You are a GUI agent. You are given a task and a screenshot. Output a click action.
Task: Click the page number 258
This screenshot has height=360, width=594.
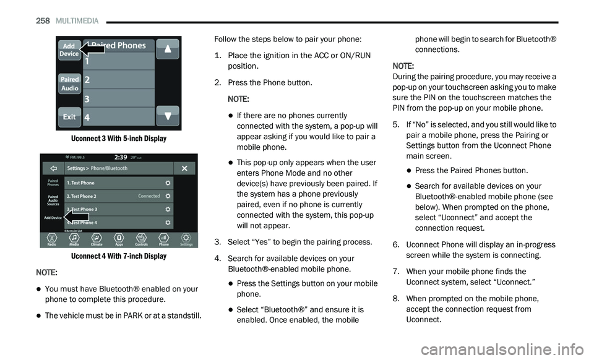pyautogui.click(x=43, y=21)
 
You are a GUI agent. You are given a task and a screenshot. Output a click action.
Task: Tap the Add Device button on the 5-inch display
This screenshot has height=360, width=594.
pyautogui.click(x=69, y=50)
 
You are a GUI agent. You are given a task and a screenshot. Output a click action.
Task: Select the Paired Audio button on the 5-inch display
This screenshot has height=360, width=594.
pyautogui.click(x=70, y=84)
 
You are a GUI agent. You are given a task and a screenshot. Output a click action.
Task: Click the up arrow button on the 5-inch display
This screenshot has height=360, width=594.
pyautogui.click(x=168, y=49)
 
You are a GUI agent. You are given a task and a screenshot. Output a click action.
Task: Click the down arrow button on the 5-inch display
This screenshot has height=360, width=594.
pyautogui.click(x=168, y=116)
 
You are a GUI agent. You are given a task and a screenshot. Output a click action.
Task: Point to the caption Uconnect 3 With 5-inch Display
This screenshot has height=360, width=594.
pyautogui.click(x=119, y=139)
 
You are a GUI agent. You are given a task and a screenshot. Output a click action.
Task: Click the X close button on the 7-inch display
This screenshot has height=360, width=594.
pyautogui.click(x=184, y=168)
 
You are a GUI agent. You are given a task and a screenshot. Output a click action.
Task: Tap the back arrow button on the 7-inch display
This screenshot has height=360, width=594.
pyautogui.click(x=53, y=168)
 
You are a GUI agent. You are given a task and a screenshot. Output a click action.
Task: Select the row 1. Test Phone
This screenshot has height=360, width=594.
pyautogui.click(x=119, y=183)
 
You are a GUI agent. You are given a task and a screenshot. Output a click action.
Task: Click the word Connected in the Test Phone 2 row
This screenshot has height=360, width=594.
pyautogui.click(x=149, y=196)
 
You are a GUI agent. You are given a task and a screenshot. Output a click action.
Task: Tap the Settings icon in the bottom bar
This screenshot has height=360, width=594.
pyautogui.click(x=186, y=239)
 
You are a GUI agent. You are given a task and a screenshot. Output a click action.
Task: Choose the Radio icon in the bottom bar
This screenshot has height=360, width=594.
pyautogui.click(x=52, y=239)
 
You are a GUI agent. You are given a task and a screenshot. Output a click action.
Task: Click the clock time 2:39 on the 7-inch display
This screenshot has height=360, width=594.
pyautogui.click(x=121, y=158)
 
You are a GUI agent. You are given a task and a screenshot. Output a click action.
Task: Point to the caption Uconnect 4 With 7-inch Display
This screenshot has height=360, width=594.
pyautogui.click(x=119, y=256)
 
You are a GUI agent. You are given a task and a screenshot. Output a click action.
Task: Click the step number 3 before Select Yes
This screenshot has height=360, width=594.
pyautogui.click(x=217, y=242)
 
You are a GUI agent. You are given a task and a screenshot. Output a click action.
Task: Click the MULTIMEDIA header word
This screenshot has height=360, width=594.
pyautogui.click(x=77, y=21)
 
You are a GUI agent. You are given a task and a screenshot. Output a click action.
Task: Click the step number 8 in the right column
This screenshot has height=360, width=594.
pyautogui.click(x=396, y=299)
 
